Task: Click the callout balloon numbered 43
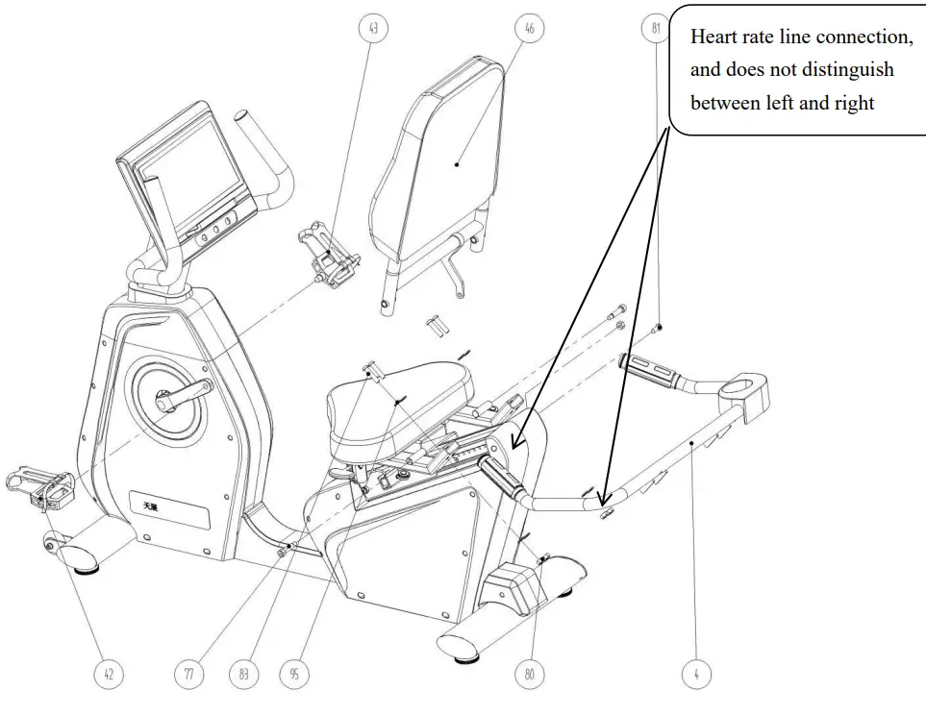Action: [372, 29]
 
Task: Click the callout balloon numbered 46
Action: [529, 29]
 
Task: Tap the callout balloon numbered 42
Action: [108, 675]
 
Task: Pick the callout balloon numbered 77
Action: [188, 675]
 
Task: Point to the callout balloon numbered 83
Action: [244, 675]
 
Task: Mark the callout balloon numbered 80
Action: [529, 675]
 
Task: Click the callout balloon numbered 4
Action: [696, 675]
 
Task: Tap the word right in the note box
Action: [849, 103]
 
